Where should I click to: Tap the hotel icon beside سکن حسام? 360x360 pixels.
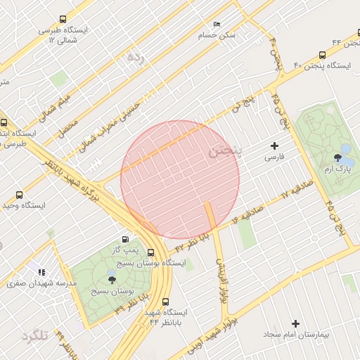(x=216, y=24)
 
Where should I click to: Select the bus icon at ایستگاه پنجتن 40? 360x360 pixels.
(x=322, y=54)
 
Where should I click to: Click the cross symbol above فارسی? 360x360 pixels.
(x=274, y=146)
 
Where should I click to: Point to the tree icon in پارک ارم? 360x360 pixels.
(x=338, y=157)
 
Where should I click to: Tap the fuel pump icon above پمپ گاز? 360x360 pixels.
(x=126, y=239)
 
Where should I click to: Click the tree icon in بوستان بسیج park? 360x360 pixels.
(x=112, y=280)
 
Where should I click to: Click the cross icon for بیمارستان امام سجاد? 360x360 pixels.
(x=295, y=323)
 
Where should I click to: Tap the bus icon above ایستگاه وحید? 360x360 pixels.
(x=19, y=195)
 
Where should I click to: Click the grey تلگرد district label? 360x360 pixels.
(x=34, y=335)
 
